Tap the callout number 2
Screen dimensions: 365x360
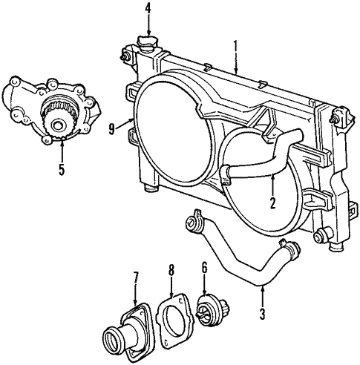point(272,203)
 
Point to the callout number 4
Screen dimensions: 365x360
point(148,10)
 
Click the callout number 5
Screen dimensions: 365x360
point(62,169)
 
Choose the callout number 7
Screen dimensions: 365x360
point(136,279)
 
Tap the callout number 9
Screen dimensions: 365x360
point(112,128)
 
